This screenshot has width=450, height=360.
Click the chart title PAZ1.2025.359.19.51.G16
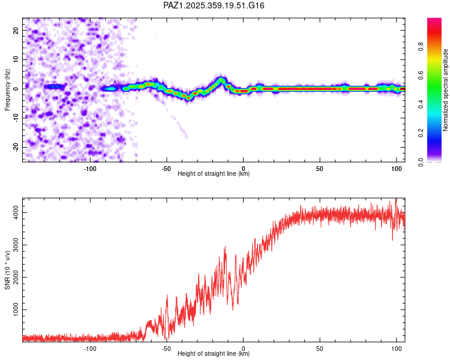(x=214, y=5)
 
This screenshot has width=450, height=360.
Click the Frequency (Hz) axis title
(x=8, y=89)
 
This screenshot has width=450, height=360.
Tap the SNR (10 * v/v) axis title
(x=8, y=269)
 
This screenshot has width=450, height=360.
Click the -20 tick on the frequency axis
(x=15, y=147)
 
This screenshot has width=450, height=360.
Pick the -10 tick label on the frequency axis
(x=15, y=118)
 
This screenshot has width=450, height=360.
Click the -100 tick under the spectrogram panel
(x=90, y=168)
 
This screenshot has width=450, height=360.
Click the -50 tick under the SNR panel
(x=166, y=348)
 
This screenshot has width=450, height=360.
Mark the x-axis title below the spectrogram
(x=214, y=174)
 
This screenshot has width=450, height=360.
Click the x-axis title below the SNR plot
(x=214, y=354)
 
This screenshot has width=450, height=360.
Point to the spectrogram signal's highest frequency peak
(x=221, y=79)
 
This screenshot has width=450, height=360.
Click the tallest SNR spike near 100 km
(x=395, y=200)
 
